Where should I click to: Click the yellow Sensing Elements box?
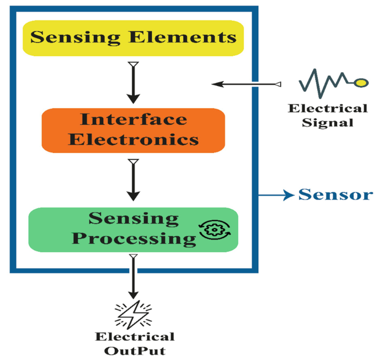pyautogui.click(x=133, y=38)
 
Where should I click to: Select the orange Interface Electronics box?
pyautogui.click(x=133, y=130)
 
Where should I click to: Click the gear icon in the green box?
pyautogui.click(x=215, y=232)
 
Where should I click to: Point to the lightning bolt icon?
pyautogui.click(x=132, y=315)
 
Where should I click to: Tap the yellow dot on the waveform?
pyautogui.click(x=360, y=83)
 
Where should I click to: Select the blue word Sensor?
pyautogui.click(x=336, y=195)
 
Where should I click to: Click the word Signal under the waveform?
pyautogui.click(x=328, y=122)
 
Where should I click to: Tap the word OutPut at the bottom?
pyautogui.click(x=135, y=350)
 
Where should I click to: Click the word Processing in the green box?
pyautogui.click(x=135, y=239)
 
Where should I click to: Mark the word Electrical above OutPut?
pyautogui.click(x=135, y=336)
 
